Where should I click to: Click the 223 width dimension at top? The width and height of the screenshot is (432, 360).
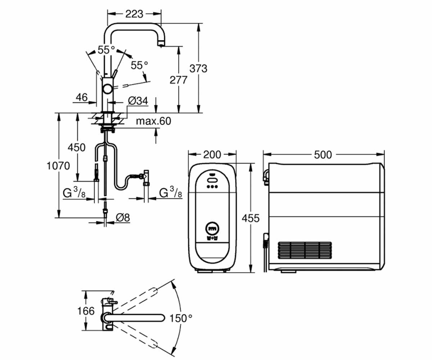click(134, 14)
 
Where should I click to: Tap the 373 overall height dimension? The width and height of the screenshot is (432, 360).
click(198, 68)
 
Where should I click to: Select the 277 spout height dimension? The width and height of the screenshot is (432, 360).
click(178, 80)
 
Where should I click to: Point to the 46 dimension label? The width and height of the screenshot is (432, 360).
click(82, 97)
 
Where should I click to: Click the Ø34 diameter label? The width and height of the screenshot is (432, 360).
click(138, 101)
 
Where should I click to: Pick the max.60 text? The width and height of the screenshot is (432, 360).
click(153, 121)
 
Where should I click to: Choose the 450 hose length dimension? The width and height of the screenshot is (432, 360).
click(77, 148)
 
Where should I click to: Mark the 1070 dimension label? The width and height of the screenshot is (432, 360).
click(58, 166)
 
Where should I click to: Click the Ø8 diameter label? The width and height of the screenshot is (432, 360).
click(123, 217)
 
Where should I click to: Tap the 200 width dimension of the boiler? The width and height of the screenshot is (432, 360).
click(212, 155)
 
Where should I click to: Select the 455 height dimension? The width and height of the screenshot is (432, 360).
click(251, 218)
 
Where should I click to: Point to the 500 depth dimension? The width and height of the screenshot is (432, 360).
click(323, 155)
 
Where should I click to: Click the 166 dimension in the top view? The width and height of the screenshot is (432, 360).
click(86, 311)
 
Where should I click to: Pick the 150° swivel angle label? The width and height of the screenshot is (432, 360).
click(181, 318)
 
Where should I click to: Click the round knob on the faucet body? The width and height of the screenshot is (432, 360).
click(108, 89)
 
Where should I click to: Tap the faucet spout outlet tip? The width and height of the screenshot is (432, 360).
click(161, 44)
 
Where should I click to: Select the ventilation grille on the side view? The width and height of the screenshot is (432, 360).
click(305, 250)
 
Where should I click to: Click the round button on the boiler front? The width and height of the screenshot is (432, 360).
click(212, 229)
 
